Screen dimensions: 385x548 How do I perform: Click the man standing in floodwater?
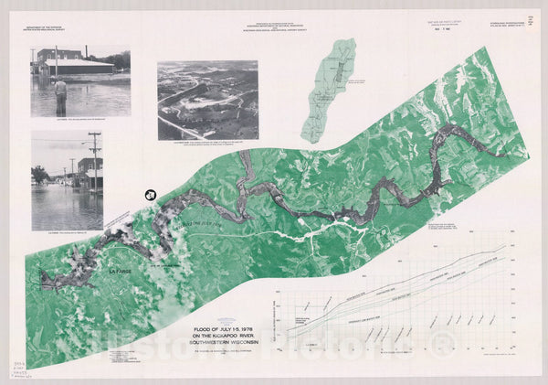point(61,93)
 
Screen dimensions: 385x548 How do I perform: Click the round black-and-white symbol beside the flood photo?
point(150,194)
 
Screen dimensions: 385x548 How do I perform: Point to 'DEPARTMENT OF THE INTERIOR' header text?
point(49,29)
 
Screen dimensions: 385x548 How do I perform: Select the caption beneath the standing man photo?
point(80,121)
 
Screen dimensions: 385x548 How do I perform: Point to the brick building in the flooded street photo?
point(90,172)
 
